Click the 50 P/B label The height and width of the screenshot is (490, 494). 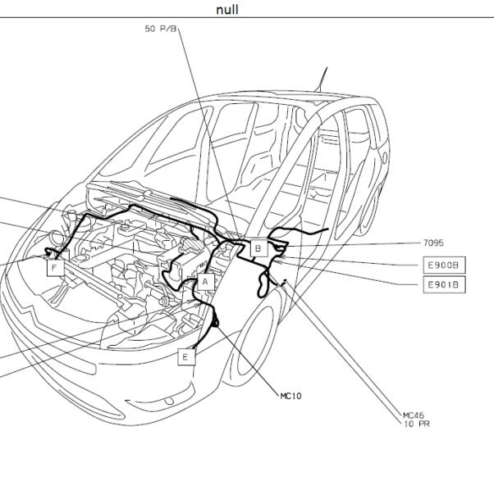(161, 29)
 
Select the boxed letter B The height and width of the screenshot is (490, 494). (257, 248)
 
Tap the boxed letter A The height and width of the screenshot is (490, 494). (204, 281)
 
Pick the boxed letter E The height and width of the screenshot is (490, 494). (185, 356)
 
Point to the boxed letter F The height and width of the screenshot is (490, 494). (54, 268)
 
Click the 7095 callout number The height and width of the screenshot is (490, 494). (433, 243)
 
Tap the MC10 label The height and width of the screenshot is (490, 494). (290, 396)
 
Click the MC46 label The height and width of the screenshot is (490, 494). (414, 415)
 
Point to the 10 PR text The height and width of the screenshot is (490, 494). (417, 424)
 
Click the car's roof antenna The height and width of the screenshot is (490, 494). (322, 79)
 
